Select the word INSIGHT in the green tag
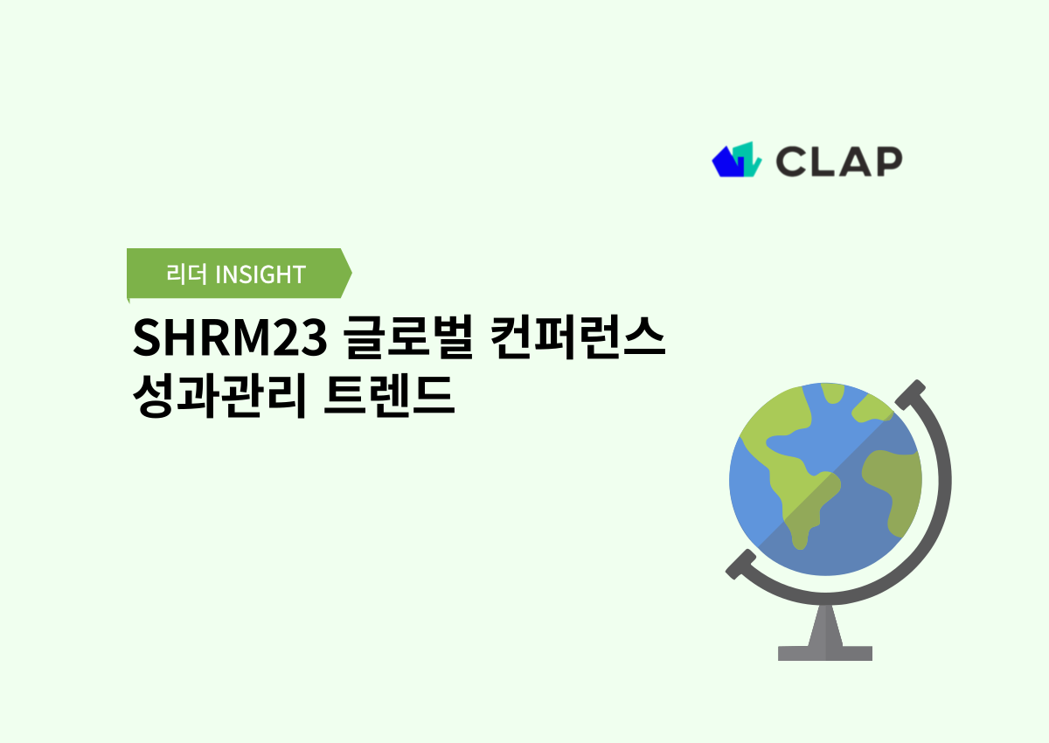point(260,274)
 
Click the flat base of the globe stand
point(824,653)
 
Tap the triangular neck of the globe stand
point(825,622)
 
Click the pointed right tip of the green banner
point(348,274)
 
